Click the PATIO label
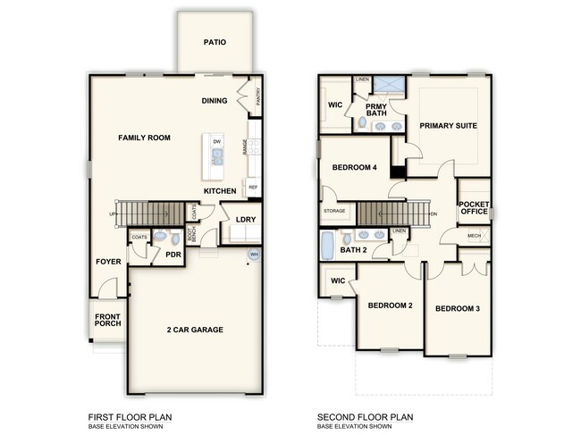click(x=215, y=42)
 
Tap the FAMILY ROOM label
click(x=146, y=138)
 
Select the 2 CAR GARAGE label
click(x=194, y=330)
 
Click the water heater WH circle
click(x=253, y=254)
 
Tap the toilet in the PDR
click(x=161, y=238)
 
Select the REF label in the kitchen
click(x=253, y=188)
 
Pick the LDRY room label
click(x=246, y=219)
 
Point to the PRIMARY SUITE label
click(x=444, y=126)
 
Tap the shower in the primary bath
click(x=387, y=88)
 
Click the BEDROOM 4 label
click(x=354, y=168)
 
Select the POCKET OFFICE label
click(x=475, y=207)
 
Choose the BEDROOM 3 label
click(x=458, y=309)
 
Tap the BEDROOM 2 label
click(x=390, y=305)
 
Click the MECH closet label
click(x=475, y=237)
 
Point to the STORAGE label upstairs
click(x=334, y=212)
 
